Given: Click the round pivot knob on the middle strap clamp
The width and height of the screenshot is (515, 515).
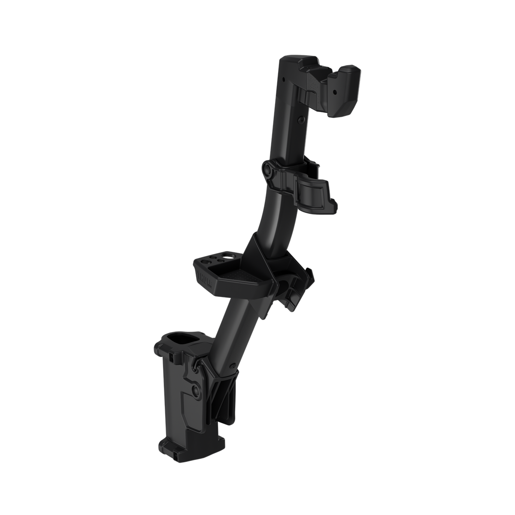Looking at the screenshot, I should point(267,170).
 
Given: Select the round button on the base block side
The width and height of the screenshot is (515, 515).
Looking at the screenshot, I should point(196,390).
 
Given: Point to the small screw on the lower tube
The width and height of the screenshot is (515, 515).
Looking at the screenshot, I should point(232,366).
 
